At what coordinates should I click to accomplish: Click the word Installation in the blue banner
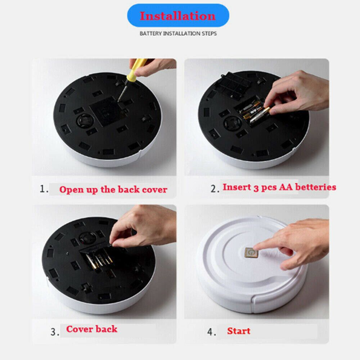pyautogui.click(x=177, y=16)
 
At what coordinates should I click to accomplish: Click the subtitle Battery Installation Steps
pyautogui.click(x=178, y=33)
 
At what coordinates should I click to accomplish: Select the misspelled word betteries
pyautogui.click(x=315, y=187)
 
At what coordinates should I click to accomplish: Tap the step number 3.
pyautogui.click(x=55, y=332)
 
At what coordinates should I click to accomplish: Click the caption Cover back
pyautogui.click(x=91, y=329)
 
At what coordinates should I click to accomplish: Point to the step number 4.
pyautogui.click(x=211, y=332)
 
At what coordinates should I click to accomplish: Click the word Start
pyautogui.click(x=239, y=331)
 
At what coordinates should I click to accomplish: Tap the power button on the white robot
pyautogui.click(x=251, y=253)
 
